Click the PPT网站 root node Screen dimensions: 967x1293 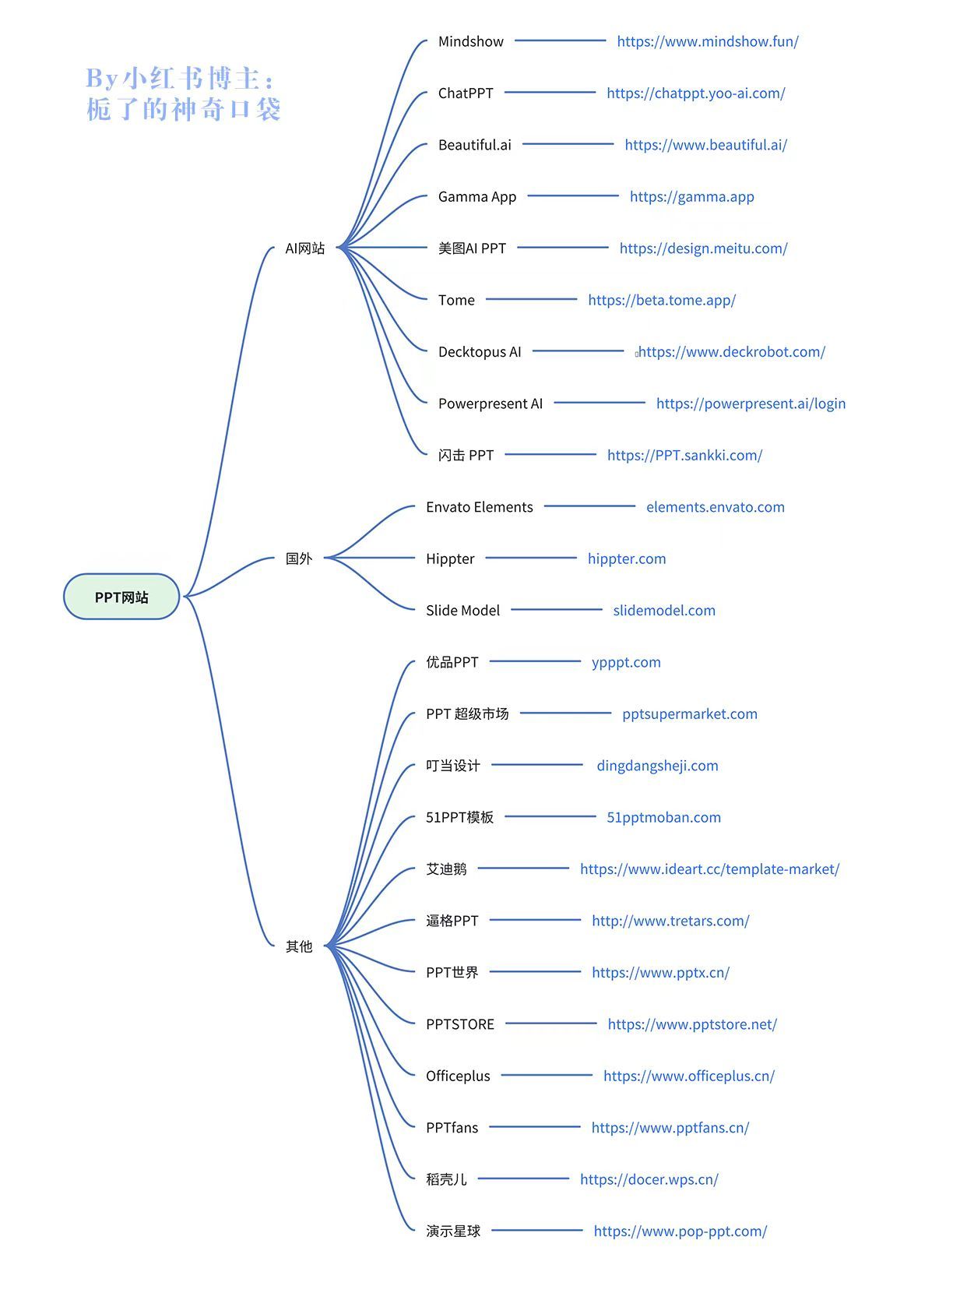121,596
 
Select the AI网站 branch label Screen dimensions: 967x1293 305,248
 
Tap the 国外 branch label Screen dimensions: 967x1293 299,558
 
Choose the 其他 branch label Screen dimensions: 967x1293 299,946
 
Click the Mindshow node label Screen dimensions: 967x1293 471,41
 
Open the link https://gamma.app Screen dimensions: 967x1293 691,197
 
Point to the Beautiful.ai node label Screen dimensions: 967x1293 474,145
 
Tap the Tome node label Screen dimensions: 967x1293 456,300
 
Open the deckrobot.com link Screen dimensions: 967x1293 732,351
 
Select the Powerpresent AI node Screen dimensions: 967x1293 491,403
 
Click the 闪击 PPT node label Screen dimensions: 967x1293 466,456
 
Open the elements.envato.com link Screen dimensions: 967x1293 715,507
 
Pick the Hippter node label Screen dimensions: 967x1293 450,559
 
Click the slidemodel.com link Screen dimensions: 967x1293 664,610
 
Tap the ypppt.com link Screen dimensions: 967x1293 626,663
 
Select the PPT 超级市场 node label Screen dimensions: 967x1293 467,714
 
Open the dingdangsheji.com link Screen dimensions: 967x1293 657,766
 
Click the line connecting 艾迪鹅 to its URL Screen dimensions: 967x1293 523,868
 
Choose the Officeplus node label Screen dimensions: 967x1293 458,1076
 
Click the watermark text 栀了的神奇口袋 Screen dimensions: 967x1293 183,109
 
